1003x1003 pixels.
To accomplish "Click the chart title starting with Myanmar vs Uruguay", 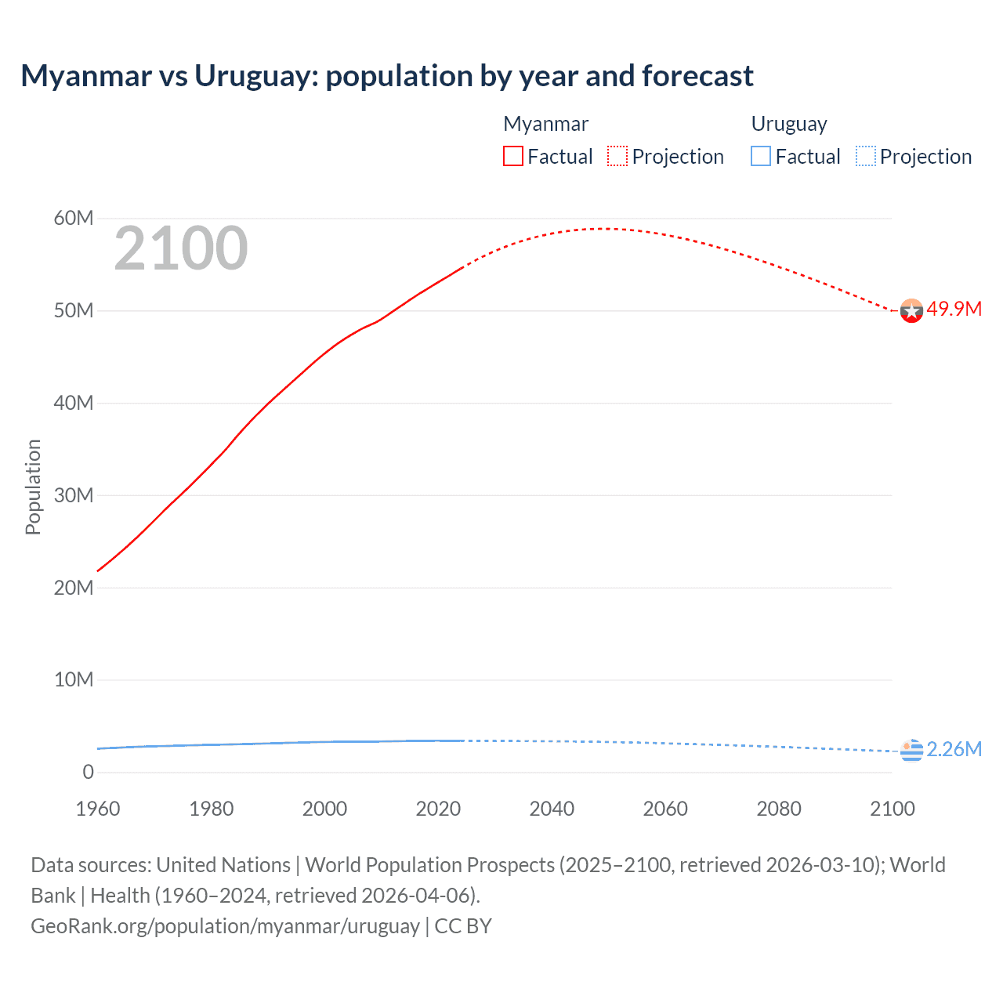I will click(x=387, y=76).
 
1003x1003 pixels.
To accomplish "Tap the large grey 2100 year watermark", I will click(x=181, y=248).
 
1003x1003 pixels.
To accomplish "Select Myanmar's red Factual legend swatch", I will click(x=512, y=156).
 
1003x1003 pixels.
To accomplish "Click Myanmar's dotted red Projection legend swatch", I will click(x=617, y=156).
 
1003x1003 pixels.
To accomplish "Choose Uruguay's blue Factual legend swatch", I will click(x=761, y=156).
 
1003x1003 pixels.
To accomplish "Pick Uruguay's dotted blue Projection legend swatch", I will click(x=866, y=156).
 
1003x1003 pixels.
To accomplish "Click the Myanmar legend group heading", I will click(x=545, y=124).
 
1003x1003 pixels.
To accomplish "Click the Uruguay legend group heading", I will click(x=789, y=124).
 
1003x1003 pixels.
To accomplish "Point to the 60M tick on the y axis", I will click(x=74, y=218).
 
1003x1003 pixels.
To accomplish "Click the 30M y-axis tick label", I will click(x=74, y=495).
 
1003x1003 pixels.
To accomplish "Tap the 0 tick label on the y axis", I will click(x=88, y=772).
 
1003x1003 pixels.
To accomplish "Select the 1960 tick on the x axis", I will click(x=98, y=809).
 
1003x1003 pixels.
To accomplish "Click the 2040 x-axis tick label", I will click(x=552, y=809).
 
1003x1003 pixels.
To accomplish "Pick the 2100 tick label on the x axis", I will click(x=892, y=809).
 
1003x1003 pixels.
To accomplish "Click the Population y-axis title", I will click(x=33, y=487).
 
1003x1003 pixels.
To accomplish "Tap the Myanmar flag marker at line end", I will click(x=911, y=311).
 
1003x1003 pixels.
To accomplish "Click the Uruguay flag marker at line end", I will click(x=911, y=751).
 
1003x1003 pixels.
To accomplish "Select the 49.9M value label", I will click(x=954, y=309).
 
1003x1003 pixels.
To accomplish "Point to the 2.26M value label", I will click(x=954, y=749).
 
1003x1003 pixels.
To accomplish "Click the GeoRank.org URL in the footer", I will click(x=225, y=925).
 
